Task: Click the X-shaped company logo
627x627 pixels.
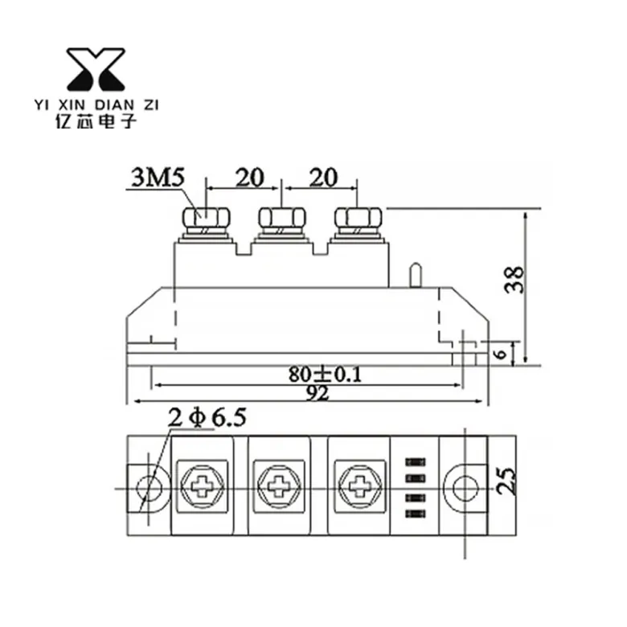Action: [x=96, y=69]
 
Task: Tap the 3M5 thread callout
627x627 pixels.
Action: [x=158, y=178]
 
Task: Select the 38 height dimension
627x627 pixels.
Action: [x=514, y=280]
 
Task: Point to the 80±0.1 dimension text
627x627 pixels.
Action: [x=325, y=375]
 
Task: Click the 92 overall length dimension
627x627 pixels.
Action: [x=318, y=393]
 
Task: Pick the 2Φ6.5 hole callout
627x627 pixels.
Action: [x=207, y=418]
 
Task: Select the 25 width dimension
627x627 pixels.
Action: [x=506, y=482]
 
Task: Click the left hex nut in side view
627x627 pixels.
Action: [x=206, y=218]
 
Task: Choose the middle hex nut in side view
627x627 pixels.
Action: [x=282, y=218]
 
